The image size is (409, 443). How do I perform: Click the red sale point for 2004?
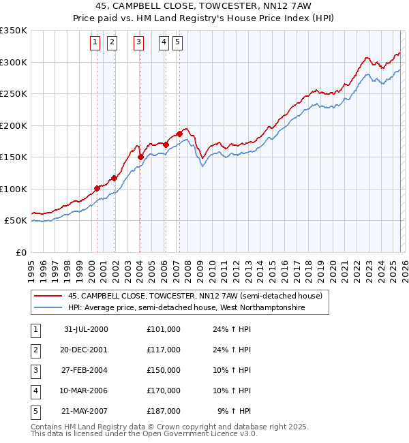click(140, 157)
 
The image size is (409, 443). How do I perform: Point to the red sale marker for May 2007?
click(179, 134)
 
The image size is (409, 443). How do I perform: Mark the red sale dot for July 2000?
click(97, 188)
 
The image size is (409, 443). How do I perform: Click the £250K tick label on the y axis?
click(14, 94)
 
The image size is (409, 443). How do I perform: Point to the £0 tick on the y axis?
click(20, 253)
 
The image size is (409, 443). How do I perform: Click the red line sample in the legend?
click(48, 296)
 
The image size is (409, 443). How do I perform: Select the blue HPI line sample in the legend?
click(48, 308)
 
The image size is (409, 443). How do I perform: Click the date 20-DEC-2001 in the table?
click(85, 350)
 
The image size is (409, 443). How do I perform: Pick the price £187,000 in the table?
click(163, 411)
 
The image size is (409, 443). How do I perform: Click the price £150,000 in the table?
click(163, 370)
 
